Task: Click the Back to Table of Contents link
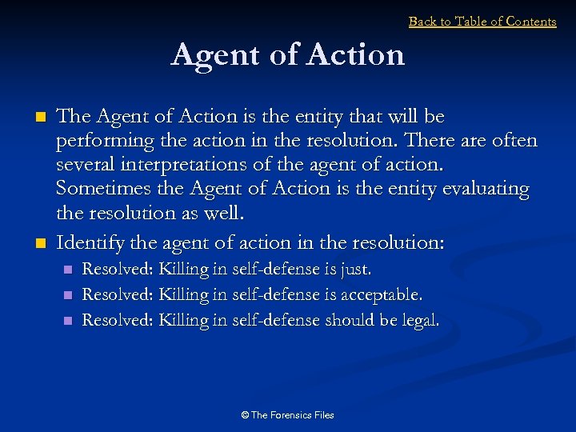[x=482, y=22]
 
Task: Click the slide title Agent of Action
[x=288, y=55]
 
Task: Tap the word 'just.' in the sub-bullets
[x=356, y=270]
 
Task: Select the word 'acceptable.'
[x=382, y=295]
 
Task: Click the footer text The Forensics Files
[x=292, y=415]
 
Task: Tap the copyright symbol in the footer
[x=245, y=415]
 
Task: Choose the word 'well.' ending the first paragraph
[x=228, y=214]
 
